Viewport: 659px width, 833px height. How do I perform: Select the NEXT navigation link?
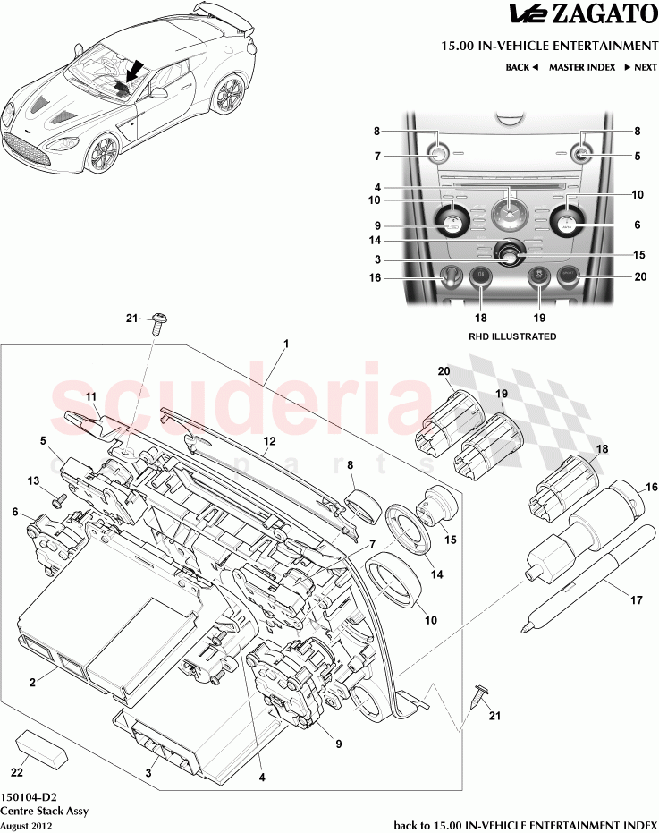[641, 67]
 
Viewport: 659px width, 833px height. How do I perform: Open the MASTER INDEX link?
[581, 67]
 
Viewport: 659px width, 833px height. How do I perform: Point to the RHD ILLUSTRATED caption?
[512, 336]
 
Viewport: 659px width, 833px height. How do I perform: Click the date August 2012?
[26, 826]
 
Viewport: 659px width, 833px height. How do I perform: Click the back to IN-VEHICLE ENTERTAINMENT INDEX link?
[525, 823]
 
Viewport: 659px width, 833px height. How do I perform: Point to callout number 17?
[637, 601]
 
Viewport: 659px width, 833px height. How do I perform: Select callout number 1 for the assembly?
[285, 344]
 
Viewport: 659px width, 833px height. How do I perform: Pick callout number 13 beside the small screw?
[34, 480]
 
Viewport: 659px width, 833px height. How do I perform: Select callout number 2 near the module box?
[31, 683]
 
